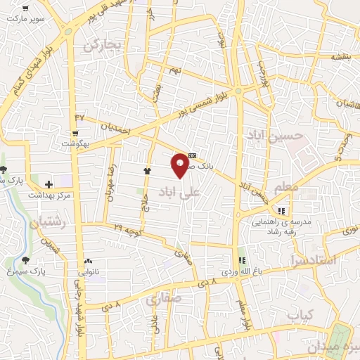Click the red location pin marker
pos(180,165)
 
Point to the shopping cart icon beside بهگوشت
pos(75,133)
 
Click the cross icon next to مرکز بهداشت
pos(49,184)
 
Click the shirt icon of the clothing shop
pos(147,170)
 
